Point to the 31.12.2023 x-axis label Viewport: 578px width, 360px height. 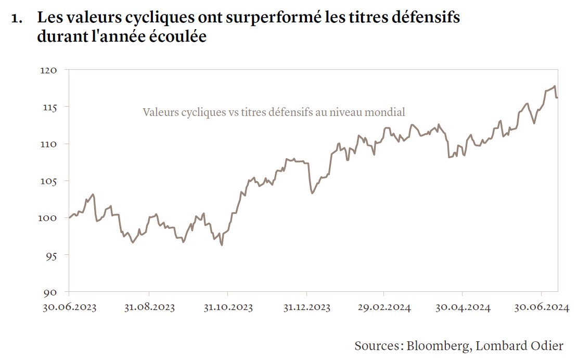point(306,307)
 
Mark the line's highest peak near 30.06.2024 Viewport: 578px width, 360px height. point(555,86)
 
